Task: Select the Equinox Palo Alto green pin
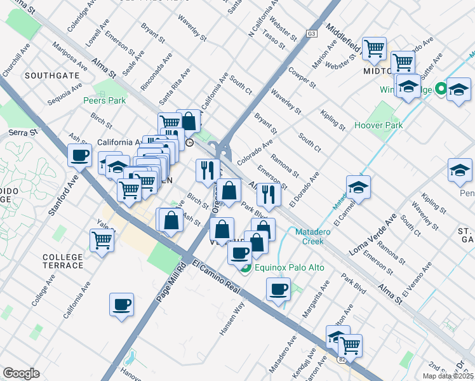(246, 267)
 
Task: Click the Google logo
(21, 373)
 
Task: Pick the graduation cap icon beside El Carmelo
(358, 187)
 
